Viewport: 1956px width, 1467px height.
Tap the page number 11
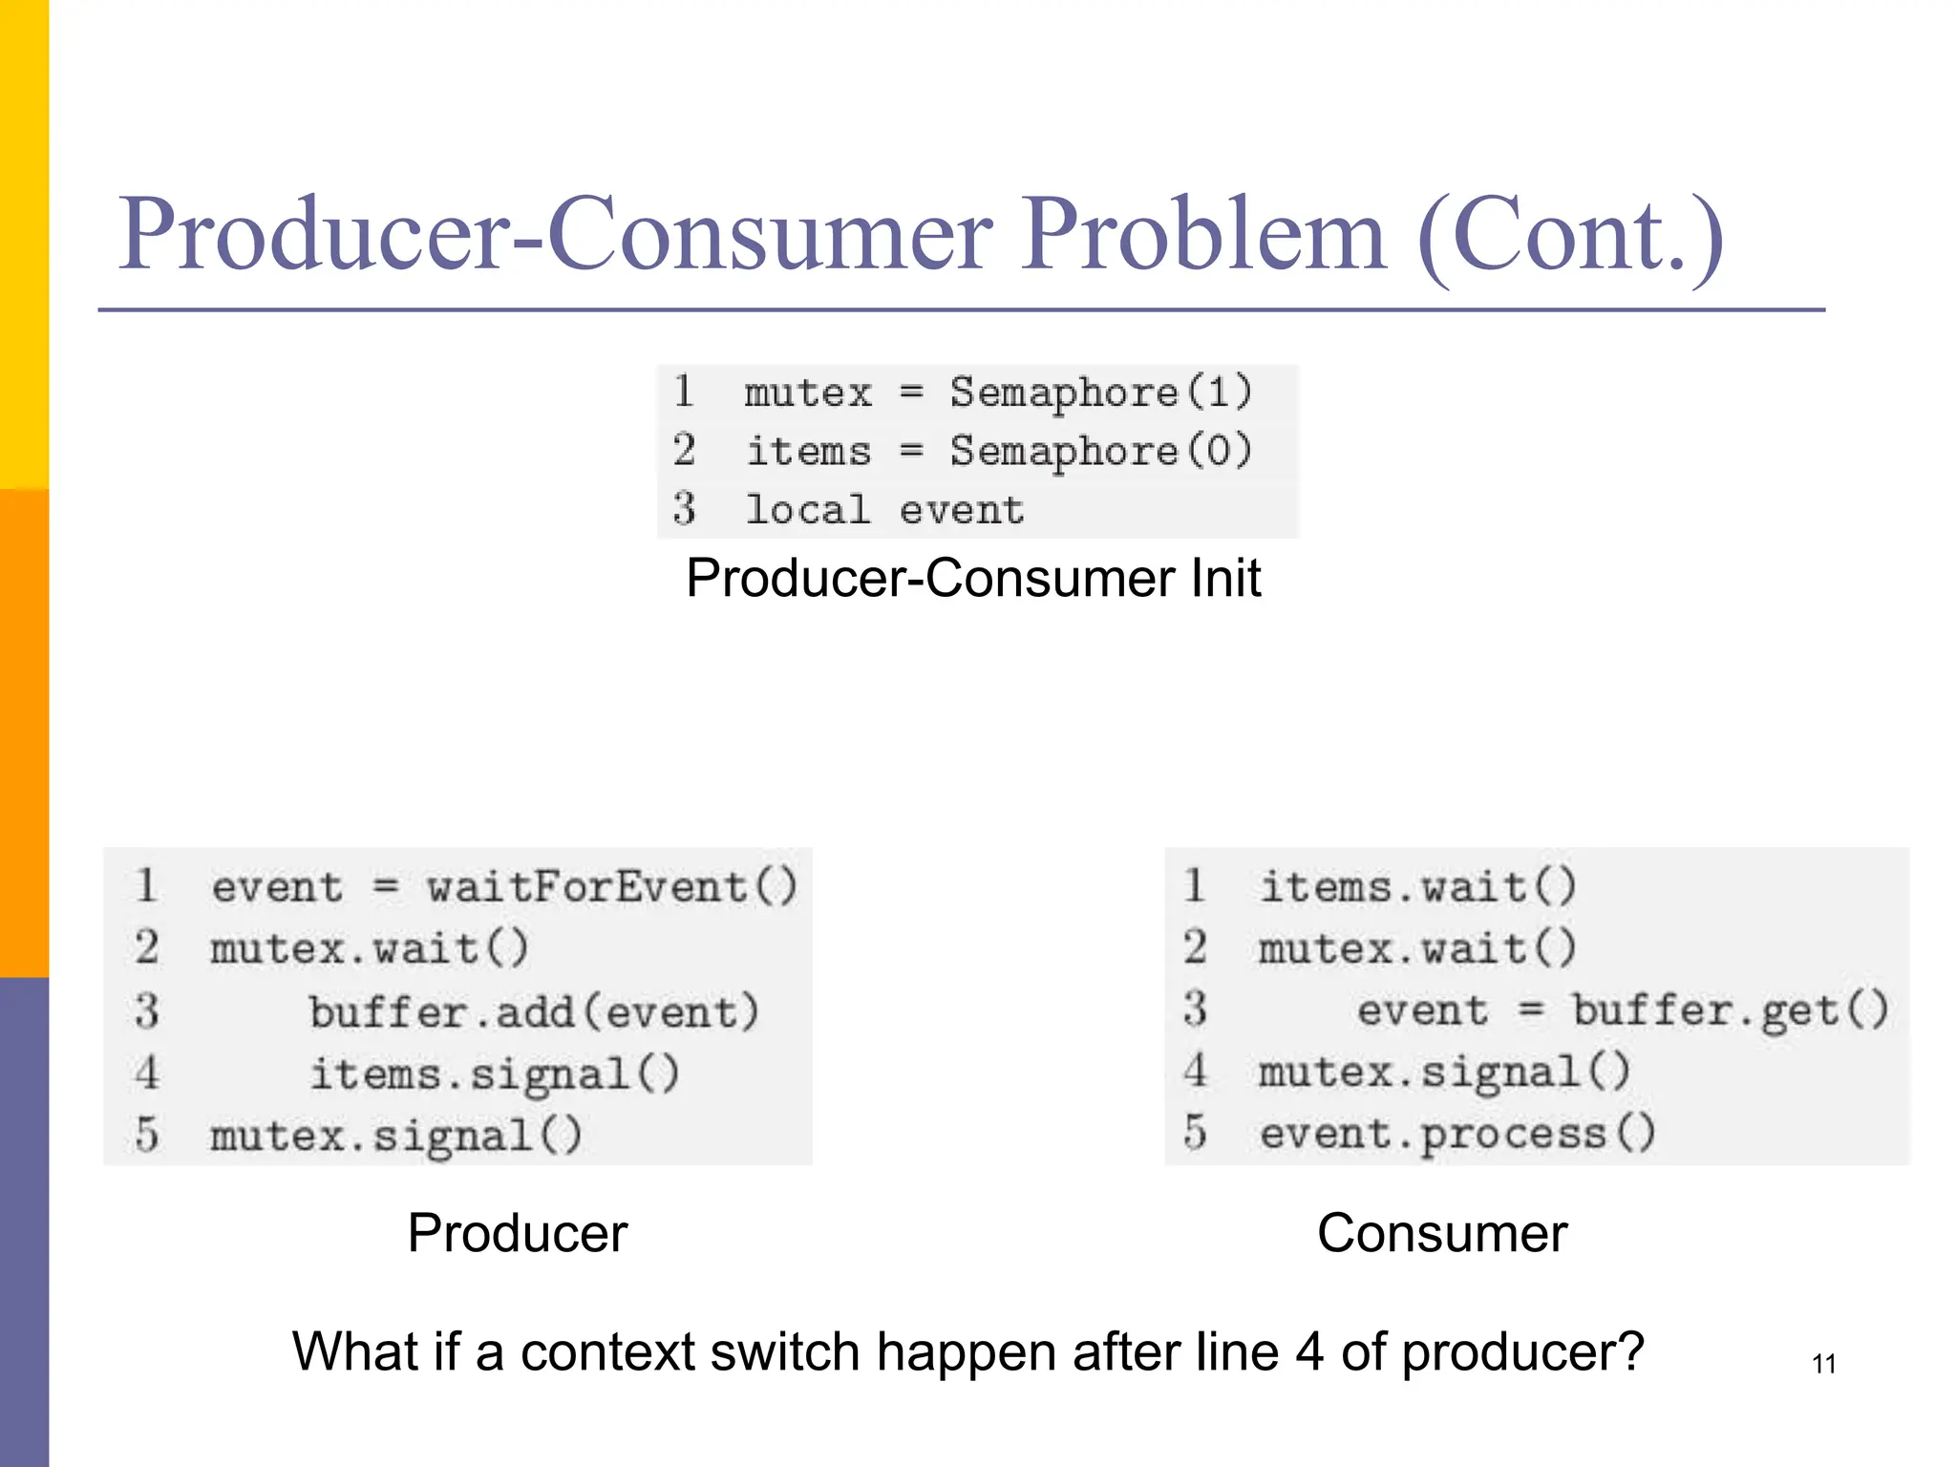tap(1823, 1364)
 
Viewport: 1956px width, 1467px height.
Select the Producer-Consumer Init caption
tap(972, 579)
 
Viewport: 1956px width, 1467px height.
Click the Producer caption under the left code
tap(517, 1233)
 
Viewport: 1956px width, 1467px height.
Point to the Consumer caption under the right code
tap(1441, 1233)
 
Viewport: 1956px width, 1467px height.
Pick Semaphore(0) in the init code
tap(1100, 452)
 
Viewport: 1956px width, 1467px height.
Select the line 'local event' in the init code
tap(884, 510)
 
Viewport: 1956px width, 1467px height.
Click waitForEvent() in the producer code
tap(611, 887)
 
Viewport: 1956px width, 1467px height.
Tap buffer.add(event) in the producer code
tap(534, 1012)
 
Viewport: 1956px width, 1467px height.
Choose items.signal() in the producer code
tap(494, 1074)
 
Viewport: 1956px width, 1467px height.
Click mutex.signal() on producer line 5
tap(395, 1137)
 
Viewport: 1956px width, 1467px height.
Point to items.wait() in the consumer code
tap(1417, 887)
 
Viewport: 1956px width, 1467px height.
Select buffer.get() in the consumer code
tap(1730, 1010)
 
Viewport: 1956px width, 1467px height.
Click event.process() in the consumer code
tap(1457, 1135)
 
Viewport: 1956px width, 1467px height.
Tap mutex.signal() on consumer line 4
tap(1444, 1073)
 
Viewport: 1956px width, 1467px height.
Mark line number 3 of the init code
tap(684, 508)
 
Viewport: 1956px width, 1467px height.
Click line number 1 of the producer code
tap(146, 885)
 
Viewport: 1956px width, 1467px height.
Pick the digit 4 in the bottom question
tap(1310, 1352)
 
